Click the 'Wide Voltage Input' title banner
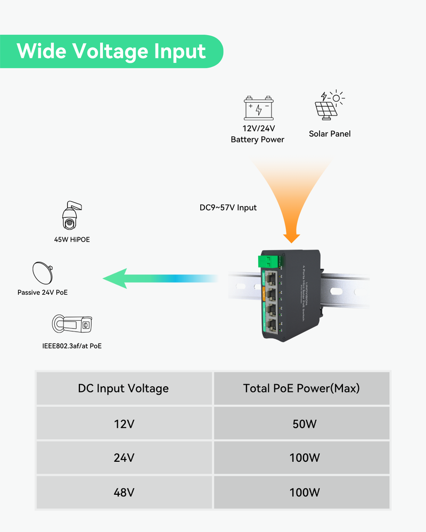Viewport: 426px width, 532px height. point(111,52)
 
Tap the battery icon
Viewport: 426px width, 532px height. point(259,108)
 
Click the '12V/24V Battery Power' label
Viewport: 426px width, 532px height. point(257,135)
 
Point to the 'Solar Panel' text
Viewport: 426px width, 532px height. point(330,134)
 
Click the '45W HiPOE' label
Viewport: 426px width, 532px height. point(72,239)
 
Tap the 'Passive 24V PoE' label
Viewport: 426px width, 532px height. point(43,293)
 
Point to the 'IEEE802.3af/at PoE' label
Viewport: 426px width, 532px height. point(72,346)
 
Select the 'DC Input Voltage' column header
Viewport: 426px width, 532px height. point(124,388)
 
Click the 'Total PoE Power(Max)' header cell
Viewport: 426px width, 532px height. point(301,388)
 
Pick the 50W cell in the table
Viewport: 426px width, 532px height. point(301,424)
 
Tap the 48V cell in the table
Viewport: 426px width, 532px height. point(124,492)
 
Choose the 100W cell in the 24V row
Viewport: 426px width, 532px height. point(301,458)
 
